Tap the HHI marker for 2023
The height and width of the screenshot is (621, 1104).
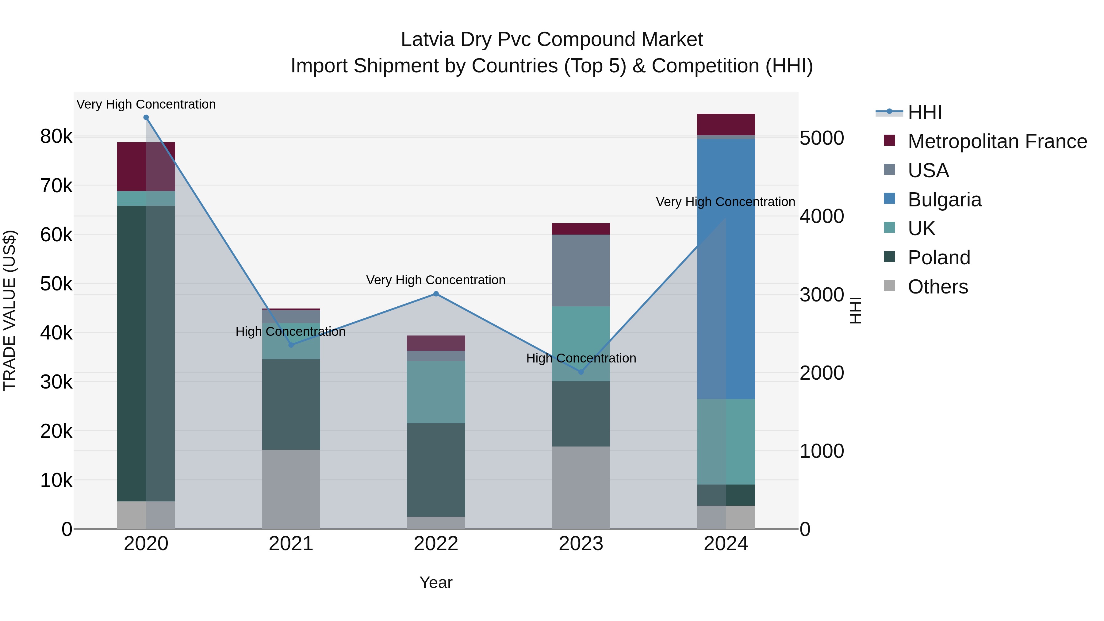581,372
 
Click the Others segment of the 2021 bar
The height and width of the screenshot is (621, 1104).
291,489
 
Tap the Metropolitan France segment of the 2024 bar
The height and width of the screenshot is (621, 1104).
726,124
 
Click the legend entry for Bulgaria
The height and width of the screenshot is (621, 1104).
944,200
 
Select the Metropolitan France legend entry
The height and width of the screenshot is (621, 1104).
997,141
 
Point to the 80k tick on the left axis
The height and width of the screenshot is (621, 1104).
56,137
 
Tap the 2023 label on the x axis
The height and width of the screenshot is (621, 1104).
581,544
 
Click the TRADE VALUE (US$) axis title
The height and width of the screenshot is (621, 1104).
10,310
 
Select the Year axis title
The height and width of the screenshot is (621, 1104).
436,582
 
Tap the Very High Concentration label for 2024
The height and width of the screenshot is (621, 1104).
725,202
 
